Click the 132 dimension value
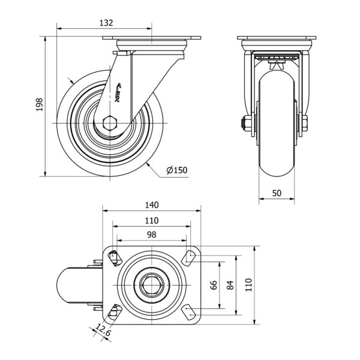pyautogui.click(x=106, y=22)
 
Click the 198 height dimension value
pyautogui.click(x=40, y=106)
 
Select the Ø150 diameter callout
pyautogui.click(x=177, y=170)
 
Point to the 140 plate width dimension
pyautogui.click(x=152, y=204)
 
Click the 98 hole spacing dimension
pyautogui.click(x=152, y=234)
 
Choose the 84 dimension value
pyautogui.click(x=230, y=285)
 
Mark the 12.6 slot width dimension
pyautogui.click(x=103, y=331)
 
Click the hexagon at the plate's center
pyautogui.click(x=152, y=284)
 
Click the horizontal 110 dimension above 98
pyautogui.click(x=152, y=220)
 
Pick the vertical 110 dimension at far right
pyautogui.click(x=248, y=285)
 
